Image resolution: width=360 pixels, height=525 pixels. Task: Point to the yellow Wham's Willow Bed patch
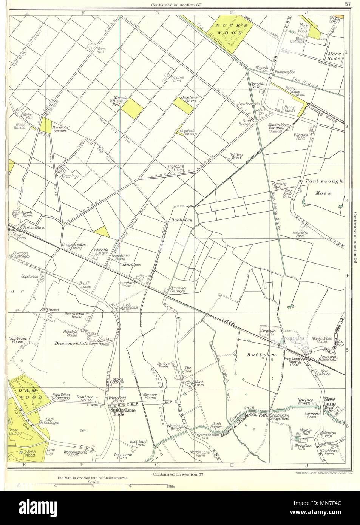(x=134, y=108)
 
